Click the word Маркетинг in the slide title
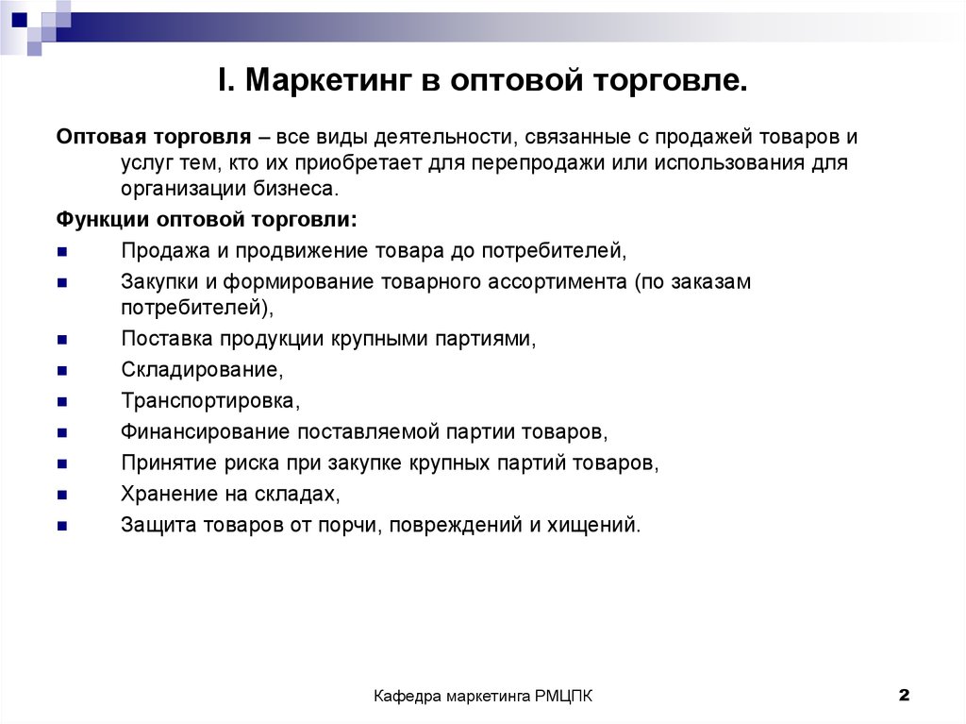[x=328, y=80]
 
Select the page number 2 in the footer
[x=904, y=695]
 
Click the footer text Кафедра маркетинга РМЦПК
[x=483, y=697]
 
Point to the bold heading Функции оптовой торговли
[x=207, y=220]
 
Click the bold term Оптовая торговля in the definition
[x=154, y=136]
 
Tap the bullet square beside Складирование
[x=62, y=371]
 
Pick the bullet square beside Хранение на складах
[x=62, y=495]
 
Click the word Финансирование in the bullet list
[x=205, y=431]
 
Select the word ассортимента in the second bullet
[x=557, y=282]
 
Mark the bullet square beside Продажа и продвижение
[x=62, y=252]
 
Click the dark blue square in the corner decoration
[x=20, y=20]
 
